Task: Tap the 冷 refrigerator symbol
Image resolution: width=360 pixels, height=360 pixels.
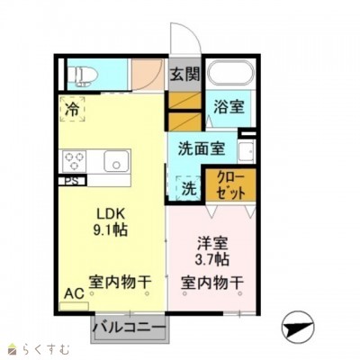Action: [x=72, y=109]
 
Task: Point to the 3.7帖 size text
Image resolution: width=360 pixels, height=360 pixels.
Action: [x=212, y=259]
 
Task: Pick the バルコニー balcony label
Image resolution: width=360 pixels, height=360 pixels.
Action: [x=130, y=327]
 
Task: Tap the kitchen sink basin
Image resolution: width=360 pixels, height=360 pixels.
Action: [x=117, y=162]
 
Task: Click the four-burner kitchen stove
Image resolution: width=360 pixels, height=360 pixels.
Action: [x=74, y=162]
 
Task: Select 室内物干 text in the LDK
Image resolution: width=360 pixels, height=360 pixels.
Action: [x=119, y=282]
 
